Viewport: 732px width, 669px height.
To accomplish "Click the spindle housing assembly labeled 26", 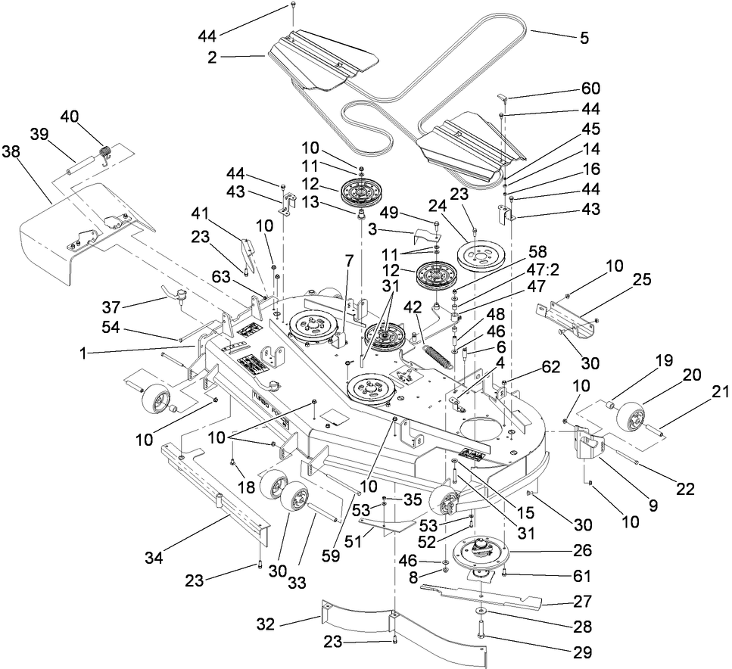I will click(x=481, y=554).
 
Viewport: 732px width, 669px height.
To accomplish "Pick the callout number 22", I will click(x=684, y=489).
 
